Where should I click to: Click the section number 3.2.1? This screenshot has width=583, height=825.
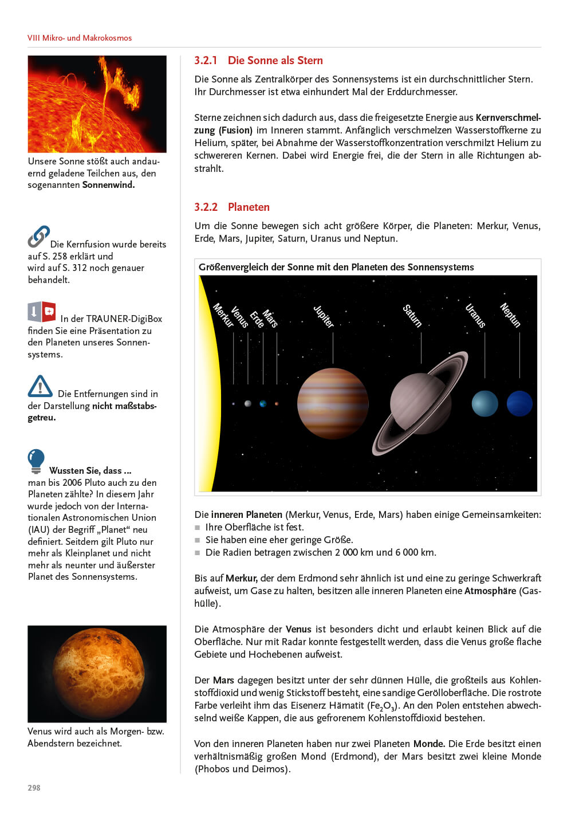coord(206,61)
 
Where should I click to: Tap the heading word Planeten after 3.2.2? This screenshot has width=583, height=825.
coord(249,207)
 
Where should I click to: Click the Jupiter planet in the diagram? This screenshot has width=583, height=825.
coord(333,403)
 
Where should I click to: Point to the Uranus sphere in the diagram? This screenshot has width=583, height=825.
coord(484,403)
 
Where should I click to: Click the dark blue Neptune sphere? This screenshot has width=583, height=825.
coord(519,403)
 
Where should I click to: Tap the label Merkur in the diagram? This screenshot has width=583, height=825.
coord(223,315)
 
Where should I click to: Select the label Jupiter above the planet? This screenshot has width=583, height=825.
coord(324,316)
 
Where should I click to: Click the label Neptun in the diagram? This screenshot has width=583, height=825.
coord(510,315)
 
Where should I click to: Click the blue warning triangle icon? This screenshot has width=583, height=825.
coord(40,387)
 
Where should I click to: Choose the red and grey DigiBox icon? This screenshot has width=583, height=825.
coord(42,312)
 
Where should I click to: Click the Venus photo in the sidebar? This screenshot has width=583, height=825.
coord(97,673)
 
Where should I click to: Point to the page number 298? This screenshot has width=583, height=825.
coord(34,788)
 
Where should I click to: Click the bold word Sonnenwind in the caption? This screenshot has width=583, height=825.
coord(108,185)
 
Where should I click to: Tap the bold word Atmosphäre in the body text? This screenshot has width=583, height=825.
coord(490,591)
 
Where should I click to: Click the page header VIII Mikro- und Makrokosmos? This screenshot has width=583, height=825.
coord(80,38)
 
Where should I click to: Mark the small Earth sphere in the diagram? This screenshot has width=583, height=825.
coord(263,404)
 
